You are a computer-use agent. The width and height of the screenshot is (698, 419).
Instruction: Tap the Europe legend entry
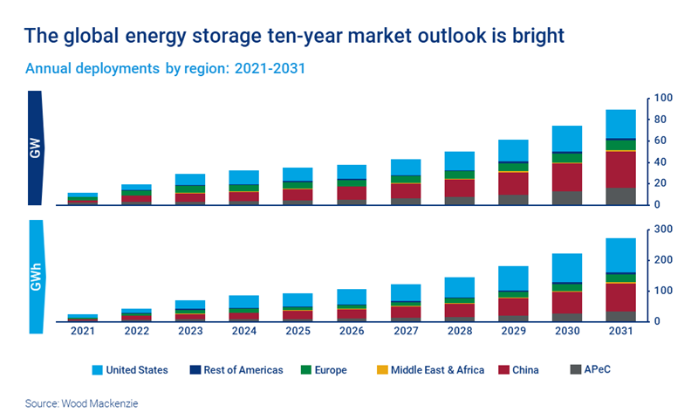[x=329, y=370]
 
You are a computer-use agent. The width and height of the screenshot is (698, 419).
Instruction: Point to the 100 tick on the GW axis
[x=662, y=98]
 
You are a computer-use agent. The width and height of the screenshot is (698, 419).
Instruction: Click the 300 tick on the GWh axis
[x=662, y=229]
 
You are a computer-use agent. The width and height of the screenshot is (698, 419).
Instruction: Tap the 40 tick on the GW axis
[x=660, y=162]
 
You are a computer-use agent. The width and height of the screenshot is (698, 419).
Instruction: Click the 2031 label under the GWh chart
[x=620, y=331]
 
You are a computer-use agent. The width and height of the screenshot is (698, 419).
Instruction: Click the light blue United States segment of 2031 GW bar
[x=620, y=124]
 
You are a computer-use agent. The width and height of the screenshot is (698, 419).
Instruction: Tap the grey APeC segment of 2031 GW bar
[x=620, y=196]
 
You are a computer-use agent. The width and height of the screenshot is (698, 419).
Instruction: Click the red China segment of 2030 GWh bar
[x=567, y=303]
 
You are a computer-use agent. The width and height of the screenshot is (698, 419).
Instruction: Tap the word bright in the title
[x=532, y=36]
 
